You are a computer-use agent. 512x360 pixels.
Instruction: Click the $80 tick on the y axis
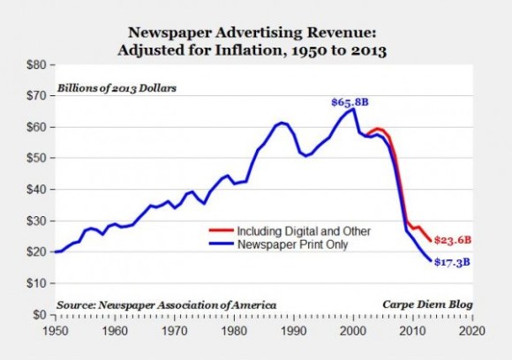[x=38, y=65]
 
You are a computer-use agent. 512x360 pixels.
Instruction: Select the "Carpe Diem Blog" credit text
[x=426, y=304]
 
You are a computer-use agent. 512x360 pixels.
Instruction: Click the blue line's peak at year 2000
[x=353, y=109]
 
